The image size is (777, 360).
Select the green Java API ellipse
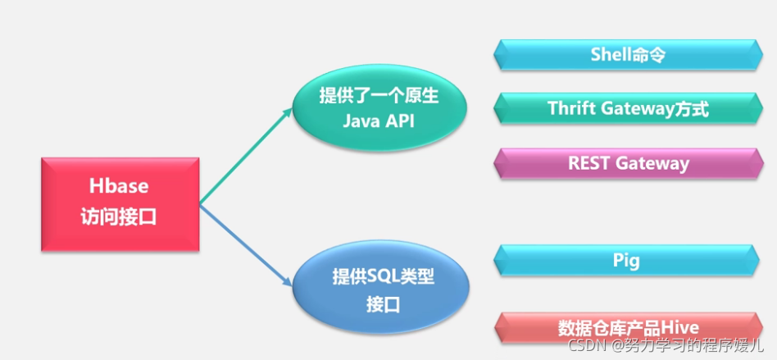pos(379,109)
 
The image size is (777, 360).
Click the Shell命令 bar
pos(628,55)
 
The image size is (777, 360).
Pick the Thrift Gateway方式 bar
pos(628,108)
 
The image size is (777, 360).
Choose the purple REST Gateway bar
pos(628,162)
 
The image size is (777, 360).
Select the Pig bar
pos(628,261)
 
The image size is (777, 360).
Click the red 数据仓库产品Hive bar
pos(628,328)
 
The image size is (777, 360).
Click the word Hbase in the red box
pos(120,187)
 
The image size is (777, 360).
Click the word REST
pos(588,162)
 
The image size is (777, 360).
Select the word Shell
pos(611,55)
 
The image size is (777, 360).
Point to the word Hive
pos(680,328)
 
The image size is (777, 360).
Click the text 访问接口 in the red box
pos(120,217)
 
